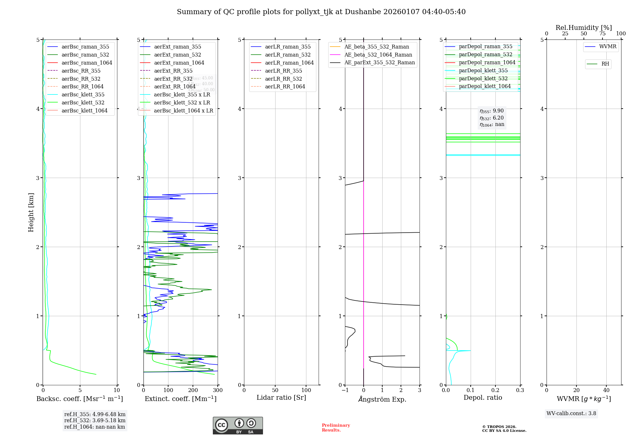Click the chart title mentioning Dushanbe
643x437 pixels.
tap(321, 12)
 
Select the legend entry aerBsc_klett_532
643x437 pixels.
tap(83, 103)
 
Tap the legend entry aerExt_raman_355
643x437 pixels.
tap(177, 47)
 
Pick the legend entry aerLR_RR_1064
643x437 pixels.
tap(285, 86)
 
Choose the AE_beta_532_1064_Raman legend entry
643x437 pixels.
tap(378, 55)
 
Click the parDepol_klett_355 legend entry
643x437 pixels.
tap(483, 70)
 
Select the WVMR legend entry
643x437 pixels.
tap(608, 47)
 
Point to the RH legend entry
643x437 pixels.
tap(605, 64)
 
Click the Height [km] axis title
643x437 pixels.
tap(31, 212)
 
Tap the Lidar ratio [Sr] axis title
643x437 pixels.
tap(281, 397)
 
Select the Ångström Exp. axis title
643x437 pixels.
tap(382, 399)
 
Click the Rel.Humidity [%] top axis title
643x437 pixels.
tap(584, 28)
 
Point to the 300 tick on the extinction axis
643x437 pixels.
tap(218, 390)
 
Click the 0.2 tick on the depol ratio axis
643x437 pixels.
tap(495, 390)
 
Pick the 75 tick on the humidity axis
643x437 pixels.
tap(602, 34)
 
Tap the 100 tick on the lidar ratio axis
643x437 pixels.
tap(306, 390)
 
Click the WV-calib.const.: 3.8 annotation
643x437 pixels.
tap(571, 414)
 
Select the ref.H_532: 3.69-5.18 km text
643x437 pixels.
tap(95, 420)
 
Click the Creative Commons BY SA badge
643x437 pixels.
tap(238, 425)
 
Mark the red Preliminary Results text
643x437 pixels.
tap(336, 428)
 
